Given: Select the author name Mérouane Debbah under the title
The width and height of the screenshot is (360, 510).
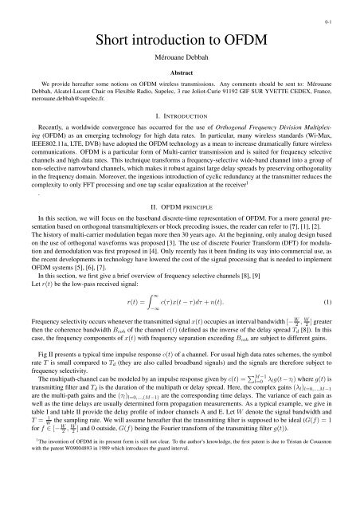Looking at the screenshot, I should [x=180, y=60].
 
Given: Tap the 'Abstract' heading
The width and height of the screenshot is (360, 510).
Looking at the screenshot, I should [x=180, y=74].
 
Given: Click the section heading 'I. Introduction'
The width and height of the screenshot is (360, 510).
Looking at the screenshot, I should [x=180, y=114].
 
